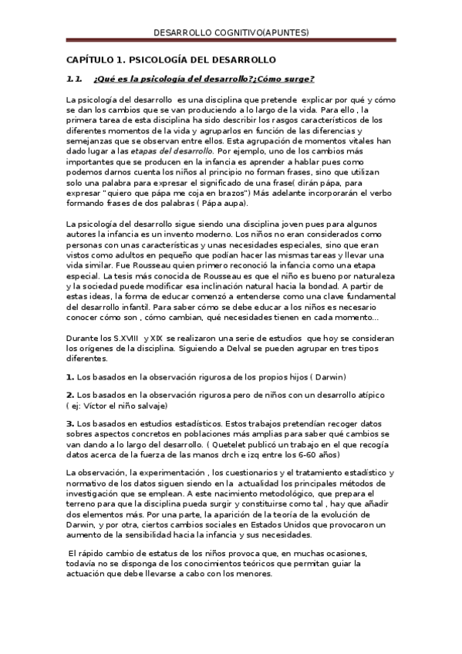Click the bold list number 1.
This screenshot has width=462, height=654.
click(69, 376)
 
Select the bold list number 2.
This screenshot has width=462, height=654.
click(69, 395)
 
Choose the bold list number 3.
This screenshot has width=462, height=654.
click(69, 423)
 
